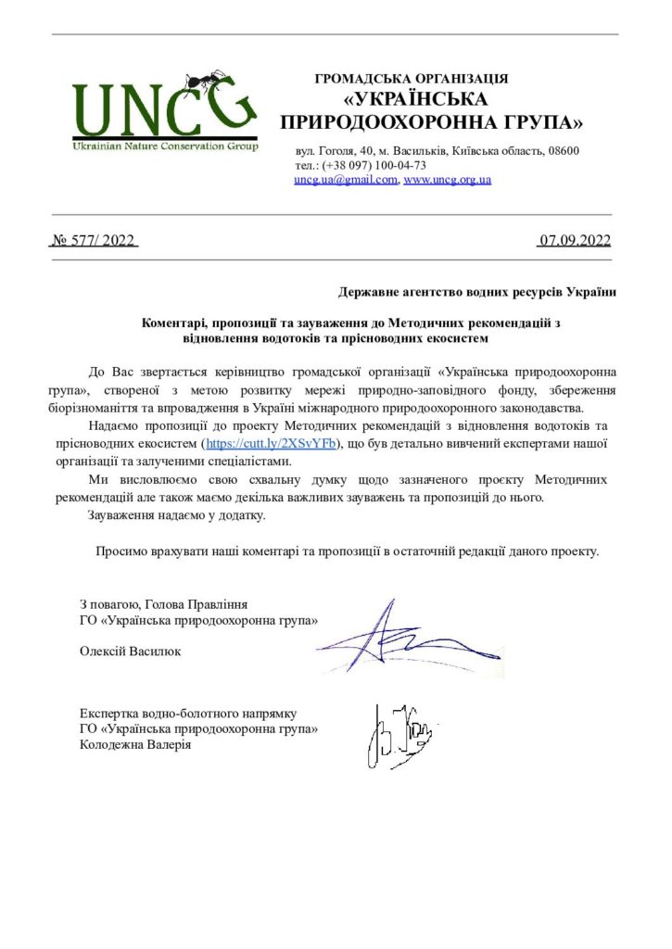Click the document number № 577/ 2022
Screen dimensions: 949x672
(x=93, y=241)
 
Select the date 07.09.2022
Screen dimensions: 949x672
(x=575, y=241)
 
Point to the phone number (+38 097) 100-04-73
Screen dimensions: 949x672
(x=374, y=165)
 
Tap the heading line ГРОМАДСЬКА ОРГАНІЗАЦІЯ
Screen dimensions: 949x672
(x=412, y=79)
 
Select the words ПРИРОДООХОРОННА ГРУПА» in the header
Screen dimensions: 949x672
(x=432, y=121)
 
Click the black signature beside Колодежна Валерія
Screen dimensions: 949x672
(x=404, y=737)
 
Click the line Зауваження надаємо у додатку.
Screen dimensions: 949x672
(x=176, y=514)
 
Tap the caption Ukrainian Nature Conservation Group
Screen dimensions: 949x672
(x=165, y=146)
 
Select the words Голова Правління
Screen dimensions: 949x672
(x=197, y=603)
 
